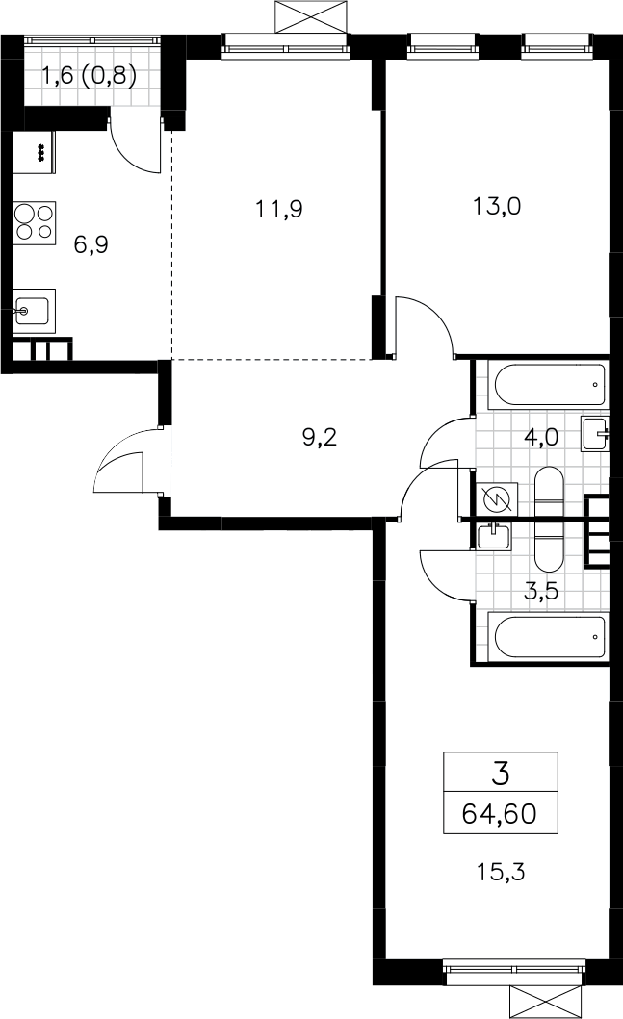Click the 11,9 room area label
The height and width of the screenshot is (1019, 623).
pyautogui.click(x=279, y=209)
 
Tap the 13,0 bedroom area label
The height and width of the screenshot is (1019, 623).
pyautogui.click(x=497, y=207)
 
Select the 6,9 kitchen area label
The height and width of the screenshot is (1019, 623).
pyautogui.click(x=91, y=244)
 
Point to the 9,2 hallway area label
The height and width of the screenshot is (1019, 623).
pyautogui.click(x=320, y=438)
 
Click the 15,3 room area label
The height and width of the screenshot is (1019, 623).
pyautogui.click(x=501, y=871)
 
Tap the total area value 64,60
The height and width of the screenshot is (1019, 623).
pyautogui.click(x=500, y=813)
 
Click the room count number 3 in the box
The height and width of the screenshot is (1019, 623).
pyautogui.click(x=501, y=774)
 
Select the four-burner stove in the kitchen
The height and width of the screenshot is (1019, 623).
pyautogui.click(x=35, y=222)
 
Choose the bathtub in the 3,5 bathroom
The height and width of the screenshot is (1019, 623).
pyautogui.click(x=551, y=638)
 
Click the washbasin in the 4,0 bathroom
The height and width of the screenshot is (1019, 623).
pyautogui.click(x=595, y=433)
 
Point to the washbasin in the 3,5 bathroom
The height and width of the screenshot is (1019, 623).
pyautogui.click(x=494, y=536)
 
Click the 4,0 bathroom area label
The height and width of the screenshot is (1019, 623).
pyautogui.click(x=541, y=437)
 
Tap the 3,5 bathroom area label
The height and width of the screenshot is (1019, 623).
pyautogui.click(x=542, y=592)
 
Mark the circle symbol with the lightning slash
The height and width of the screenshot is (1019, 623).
pyautogui.click(x=497, y=500)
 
